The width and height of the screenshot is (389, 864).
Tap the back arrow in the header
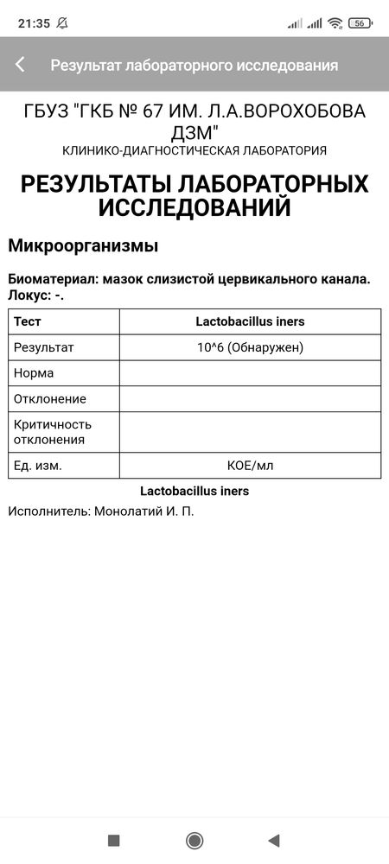pos(20,65)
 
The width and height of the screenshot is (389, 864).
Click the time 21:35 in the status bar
pos(35,23)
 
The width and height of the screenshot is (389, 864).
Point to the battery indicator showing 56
pos(360,23)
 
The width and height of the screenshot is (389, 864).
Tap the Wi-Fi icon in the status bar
pos(335,23)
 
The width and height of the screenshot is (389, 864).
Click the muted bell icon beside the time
pos(62,23)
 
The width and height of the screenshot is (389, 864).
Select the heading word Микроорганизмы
pos(83,245)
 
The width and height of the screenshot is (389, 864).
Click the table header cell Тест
pos(28,321)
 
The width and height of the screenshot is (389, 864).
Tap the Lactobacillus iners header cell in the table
pos(250,321)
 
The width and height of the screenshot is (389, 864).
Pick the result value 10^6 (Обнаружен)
pos(250,347)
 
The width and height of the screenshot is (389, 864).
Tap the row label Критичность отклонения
pos(53,432)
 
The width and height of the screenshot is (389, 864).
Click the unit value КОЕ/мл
pos(250,466)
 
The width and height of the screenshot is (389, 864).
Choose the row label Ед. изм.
pos(39,466)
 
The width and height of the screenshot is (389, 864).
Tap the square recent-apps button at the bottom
pos(113,841)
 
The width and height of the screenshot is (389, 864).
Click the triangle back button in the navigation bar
pos(274,841)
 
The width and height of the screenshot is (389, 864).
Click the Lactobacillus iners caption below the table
pos(194,491)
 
